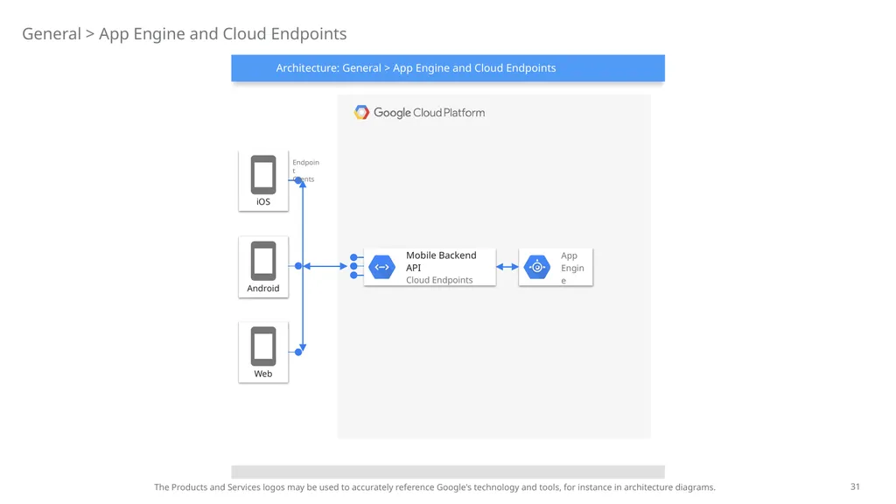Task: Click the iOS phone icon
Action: click(x=262, y=175)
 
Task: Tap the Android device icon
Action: click(x=262, y=261)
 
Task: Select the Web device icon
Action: click(x=262, y=346)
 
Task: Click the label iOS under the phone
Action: click(x=262, y=202)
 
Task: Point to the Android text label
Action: click(x=262, y=288)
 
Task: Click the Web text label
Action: click(x=262, y=374)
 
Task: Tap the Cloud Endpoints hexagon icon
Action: click(x=381, y=267)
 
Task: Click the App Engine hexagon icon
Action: click(x=537, y=267)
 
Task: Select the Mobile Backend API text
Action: click(x=441, y=261)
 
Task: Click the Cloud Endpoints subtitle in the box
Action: click(x=439, y=280)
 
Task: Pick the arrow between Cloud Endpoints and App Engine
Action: click(x=507, y=267)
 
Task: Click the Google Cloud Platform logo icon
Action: click(x=361, y=112)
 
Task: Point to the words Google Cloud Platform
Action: click(x=429, y=113)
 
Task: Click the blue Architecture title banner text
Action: click(x=416, y=68)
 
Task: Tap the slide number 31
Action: click(x=855, y=486)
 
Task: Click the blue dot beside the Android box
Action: click(x=298, y=266)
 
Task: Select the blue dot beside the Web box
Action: click(x=298, y=352)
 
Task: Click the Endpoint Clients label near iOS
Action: click(x=305, y=171)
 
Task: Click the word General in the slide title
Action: click(x=52, y=34)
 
